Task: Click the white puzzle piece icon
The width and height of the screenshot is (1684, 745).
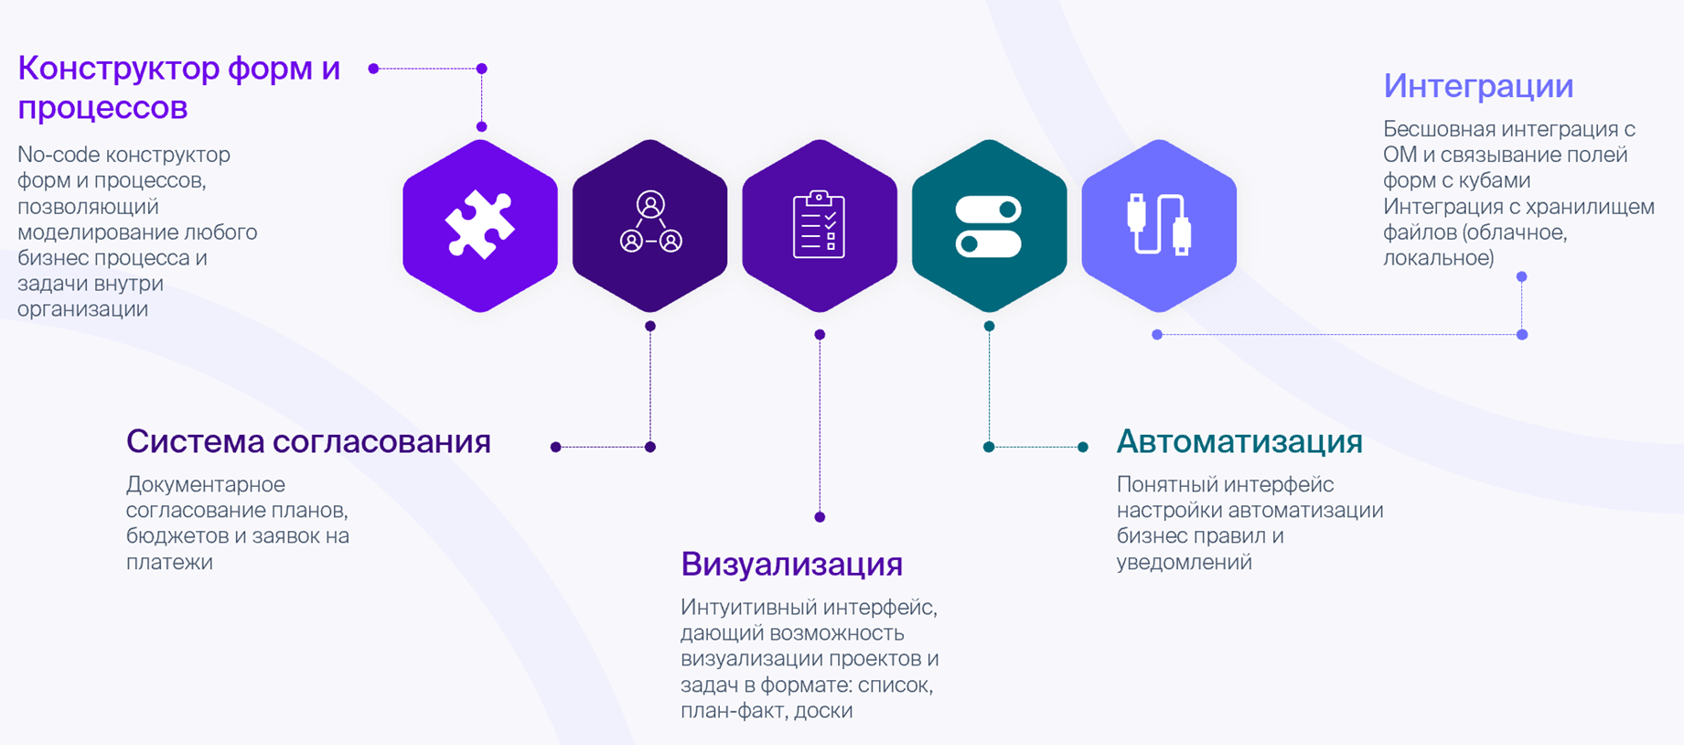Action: coord(480,224)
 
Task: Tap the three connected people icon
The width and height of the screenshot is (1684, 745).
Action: coord(650,222)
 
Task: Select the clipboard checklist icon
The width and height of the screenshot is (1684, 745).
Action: coord(820,224)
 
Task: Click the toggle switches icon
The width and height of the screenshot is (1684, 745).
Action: coord(989,225)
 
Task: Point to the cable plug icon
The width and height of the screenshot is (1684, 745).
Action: coord(1159,224)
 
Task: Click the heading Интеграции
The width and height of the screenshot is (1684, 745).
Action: coord(1478,86)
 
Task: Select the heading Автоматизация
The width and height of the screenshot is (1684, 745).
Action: coord(1239,442)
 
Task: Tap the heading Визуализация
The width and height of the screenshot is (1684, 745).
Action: coord(791,564)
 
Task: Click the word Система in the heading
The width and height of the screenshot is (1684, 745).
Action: coord(195,442)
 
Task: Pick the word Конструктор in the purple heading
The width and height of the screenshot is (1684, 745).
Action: coord(118,69)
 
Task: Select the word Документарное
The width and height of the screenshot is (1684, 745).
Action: coord(206,484)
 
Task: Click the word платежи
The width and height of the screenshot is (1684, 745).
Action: coord(169,562)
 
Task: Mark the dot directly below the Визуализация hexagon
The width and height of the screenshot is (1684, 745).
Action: coord(820,335)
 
